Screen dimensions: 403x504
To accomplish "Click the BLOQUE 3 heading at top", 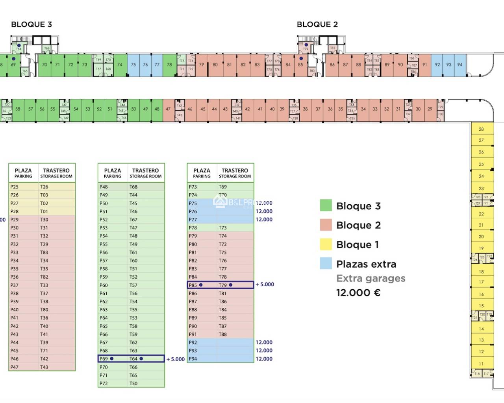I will coord(31,24).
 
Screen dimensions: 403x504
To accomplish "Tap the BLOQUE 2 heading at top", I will coord(317,24).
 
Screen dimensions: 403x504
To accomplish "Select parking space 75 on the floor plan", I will coord(133,65).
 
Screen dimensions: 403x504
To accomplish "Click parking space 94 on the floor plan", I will coord(460,65).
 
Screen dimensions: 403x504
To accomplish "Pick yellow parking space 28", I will coord(481,129).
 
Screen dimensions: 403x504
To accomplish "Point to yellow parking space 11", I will coord(481,364).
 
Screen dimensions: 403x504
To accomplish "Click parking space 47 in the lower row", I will coord(168,109).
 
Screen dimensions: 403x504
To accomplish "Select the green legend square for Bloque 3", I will coord(326,205).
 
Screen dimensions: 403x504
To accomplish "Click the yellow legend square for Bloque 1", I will coord(326,244).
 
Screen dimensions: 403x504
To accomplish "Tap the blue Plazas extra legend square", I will coord(326,264).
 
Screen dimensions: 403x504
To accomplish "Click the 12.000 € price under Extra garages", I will coord(358,293).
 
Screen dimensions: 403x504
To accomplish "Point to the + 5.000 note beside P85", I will coord(265,285).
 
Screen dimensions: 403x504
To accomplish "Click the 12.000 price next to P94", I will coord(264,359).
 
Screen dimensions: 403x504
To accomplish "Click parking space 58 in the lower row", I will coord(18,109).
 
